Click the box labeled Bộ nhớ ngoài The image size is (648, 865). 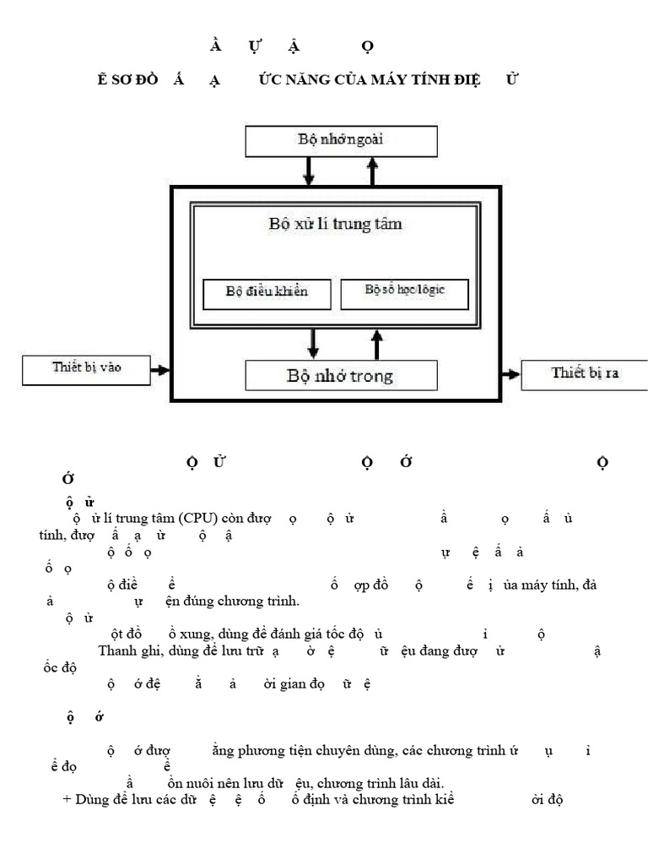(x=341, y=141)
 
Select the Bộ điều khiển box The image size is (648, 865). (x=267, y=292)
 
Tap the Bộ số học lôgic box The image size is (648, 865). (x=404, y=291)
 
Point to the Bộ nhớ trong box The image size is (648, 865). (x=341, y=376)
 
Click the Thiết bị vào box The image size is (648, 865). (x=84, y=369)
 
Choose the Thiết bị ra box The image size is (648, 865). (x=584, y=373)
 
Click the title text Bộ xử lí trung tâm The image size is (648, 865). (x=335, y=225)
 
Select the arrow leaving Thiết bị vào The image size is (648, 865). (x=159, y=370)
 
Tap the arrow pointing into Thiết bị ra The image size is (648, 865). (x=511, y=373)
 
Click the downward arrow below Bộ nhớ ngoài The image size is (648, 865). (x=308, y=171)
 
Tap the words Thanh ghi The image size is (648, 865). (x=127, y=650)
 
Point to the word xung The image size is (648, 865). (x=196, y=634)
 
